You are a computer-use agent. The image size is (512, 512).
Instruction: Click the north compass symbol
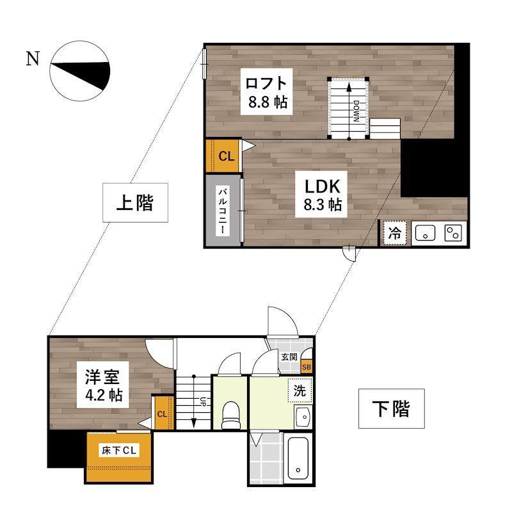[81, 71]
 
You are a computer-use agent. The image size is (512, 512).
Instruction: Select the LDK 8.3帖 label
[322, 194]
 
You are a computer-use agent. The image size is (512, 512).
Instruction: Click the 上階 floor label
[134, 204]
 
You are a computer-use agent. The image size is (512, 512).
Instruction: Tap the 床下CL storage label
[120, 451]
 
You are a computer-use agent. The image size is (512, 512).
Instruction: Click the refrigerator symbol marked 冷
[394, 233]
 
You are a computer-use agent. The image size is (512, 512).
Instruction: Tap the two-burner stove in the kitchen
[453, 234]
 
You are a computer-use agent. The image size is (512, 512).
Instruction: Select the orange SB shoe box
[306, 367]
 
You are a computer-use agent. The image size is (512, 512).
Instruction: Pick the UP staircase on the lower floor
[193, 402]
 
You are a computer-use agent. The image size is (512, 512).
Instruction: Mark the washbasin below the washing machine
[302, 417]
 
